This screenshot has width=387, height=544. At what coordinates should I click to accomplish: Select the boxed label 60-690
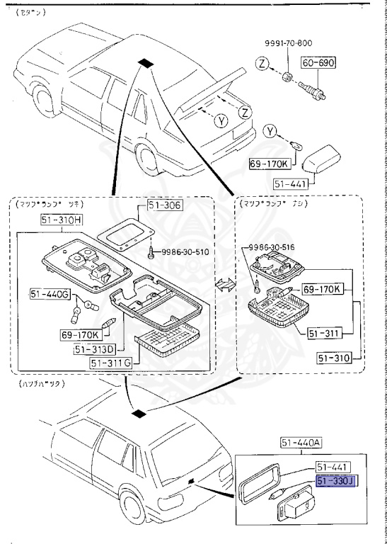point(320,63)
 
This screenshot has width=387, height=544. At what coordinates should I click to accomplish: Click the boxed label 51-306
point(164,206)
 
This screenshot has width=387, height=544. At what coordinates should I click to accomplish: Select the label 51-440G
point(48,293)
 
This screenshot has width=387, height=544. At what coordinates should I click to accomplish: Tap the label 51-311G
point(112,363)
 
